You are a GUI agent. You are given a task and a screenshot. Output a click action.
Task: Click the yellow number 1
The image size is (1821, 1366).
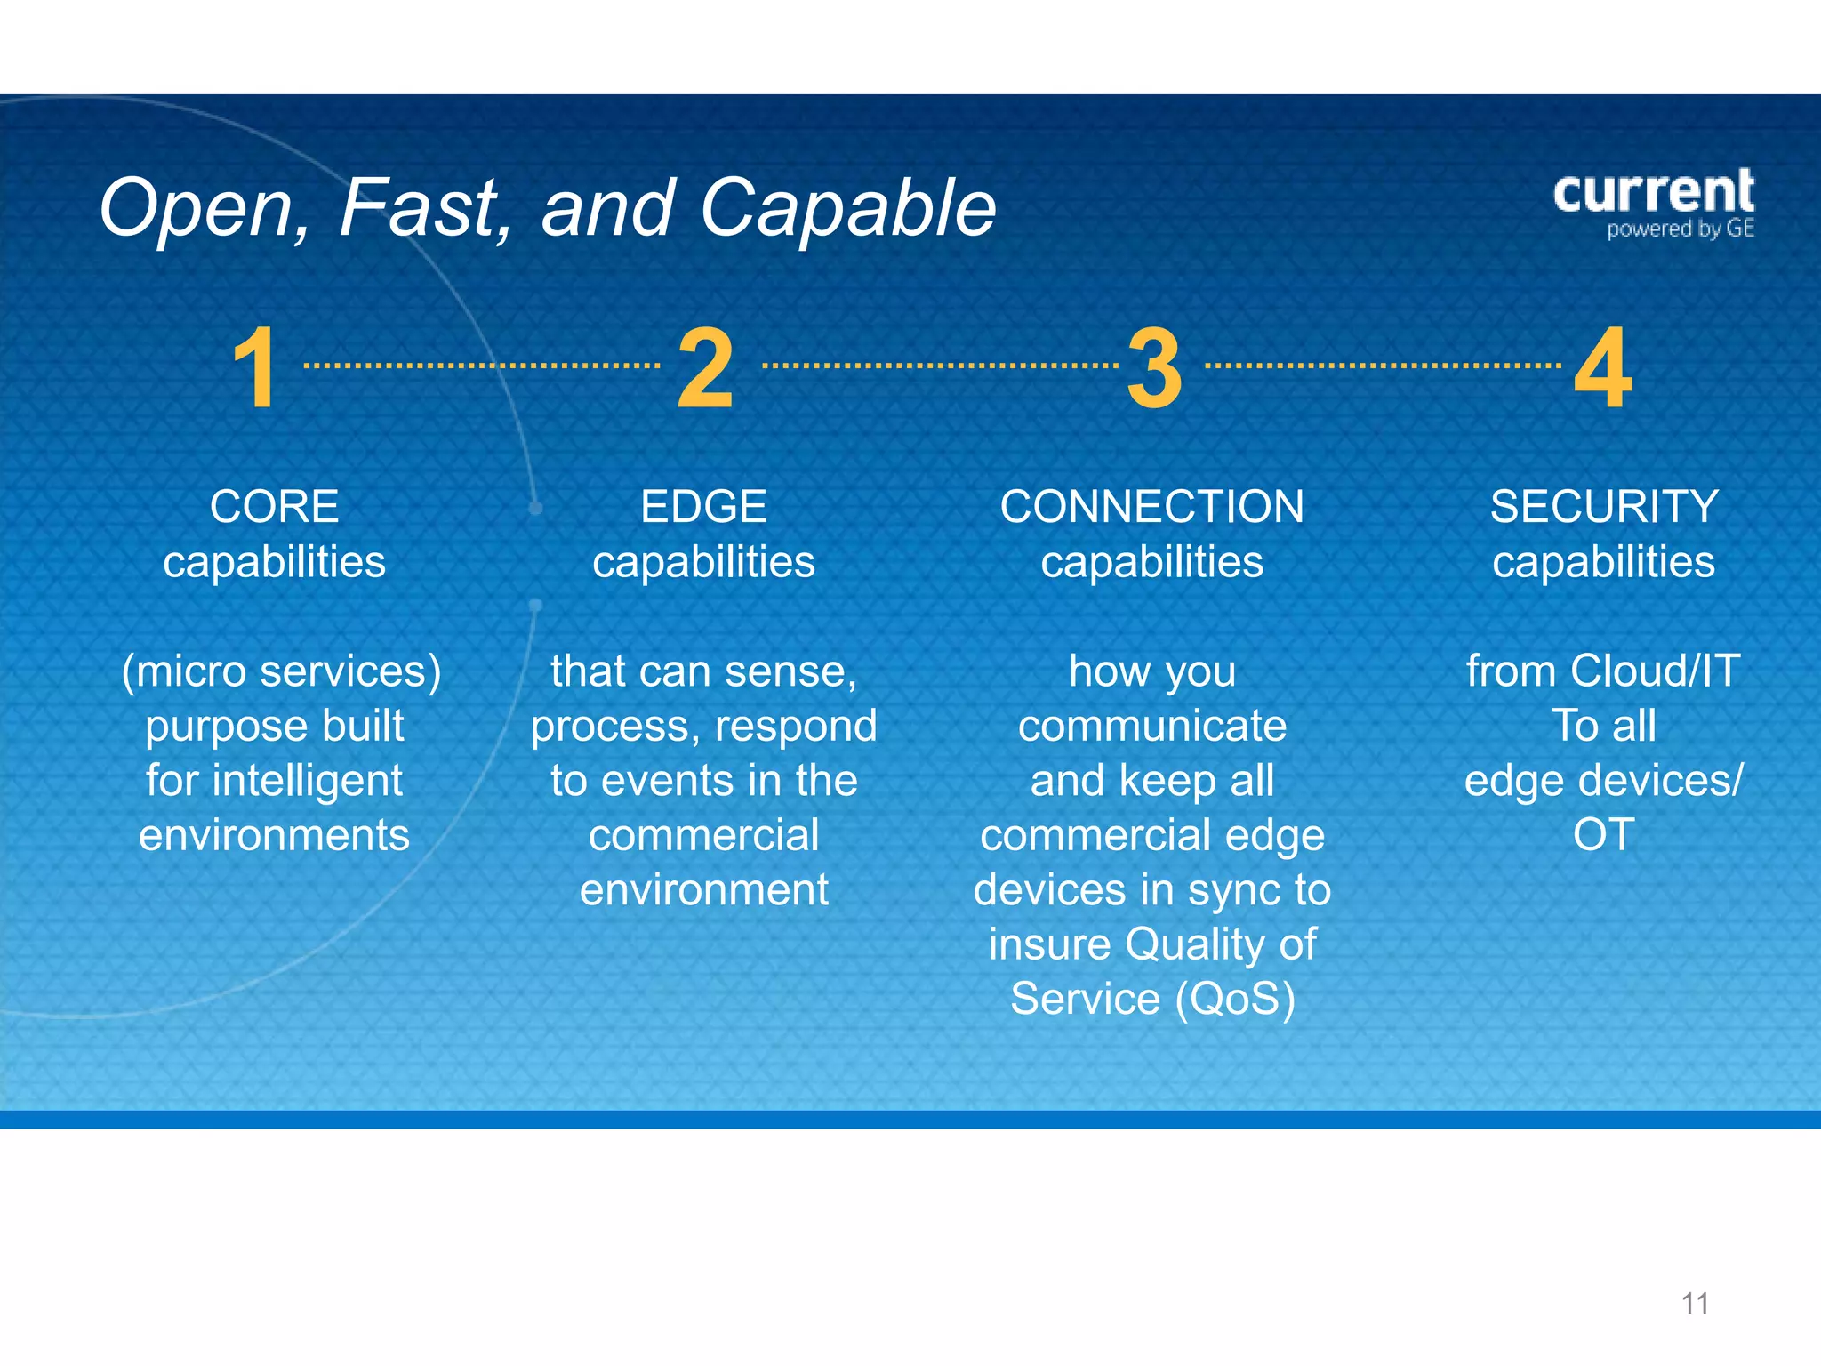coord(256,368)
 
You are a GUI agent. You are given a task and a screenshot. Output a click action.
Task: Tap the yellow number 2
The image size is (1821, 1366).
coord(705,368)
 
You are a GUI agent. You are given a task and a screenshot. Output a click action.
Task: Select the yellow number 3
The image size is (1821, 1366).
coord(1154,368)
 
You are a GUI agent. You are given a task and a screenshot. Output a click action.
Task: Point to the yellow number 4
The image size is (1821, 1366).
coord(1603,368)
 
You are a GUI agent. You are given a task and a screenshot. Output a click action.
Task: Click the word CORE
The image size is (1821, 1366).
coord(274,507)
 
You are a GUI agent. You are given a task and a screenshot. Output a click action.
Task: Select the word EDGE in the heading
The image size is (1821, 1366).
coord(703,507)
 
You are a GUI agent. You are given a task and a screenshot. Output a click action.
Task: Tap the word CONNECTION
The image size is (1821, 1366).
coord(1151,507)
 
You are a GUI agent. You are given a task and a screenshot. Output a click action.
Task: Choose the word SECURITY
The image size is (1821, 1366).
coord(1603,507)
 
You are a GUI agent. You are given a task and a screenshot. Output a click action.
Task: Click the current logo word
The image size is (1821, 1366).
coord(1653,192)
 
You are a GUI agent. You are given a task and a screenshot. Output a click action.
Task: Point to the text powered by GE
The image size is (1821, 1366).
coord(1680,229)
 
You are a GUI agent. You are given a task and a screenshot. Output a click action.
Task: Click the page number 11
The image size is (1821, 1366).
coord(1695,1304)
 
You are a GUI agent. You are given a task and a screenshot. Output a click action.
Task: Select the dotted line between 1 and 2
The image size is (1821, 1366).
coord(481,366)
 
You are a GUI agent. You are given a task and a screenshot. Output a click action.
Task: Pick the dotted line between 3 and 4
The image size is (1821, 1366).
coord(1382,366)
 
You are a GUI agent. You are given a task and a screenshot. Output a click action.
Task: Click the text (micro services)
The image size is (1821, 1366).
coord(281,671)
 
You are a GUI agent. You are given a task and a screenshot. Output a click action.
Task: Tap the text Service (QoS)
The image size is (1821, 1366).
coord(1152,999)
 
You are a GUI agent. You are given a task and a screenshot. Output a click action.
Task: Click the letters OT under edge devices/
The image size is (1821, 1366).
coord(1603,835)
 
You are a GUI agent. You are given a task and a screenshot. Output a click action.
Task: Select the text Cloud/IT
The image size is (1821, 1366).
coord(1655,671)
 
